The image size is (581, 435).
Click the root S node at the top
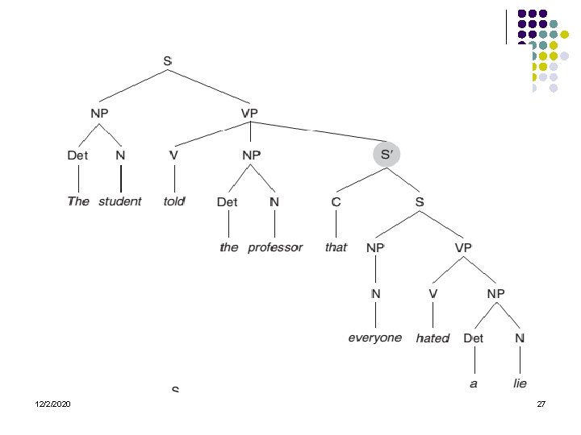point(168,60)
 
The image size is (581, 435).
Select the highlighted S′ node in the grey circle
point(386,154)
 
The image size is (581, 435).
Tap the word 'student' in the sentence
point(119,201)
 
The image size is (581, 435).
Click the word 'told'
point(173,201)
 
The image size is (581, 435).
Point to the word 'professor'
point(275,247)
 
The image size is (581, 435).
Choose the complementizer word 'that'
point(336,247)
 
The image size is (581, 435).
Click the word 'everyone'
point(374,338)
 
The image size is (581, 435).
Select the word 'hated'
point(433,338)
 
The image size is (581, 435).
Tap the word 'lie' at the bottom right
point(520,384)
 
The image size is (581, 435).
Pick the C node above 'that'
point(336,201)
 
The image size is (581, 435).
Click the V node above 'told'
point(173,155)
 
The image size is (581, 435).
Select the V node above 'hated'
point(433,293)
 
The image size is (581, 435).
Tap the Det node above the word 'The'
point(77,155)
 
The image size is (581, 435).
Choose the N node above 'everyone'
point(375,293)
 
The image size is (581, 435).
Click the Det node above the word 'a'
point(473,338)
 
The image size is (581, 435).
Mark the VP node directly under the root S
point(250,114)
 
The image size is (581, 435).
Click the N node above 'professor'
point(274,201)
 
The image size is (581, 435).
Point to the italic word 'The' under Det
point(78,201)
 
